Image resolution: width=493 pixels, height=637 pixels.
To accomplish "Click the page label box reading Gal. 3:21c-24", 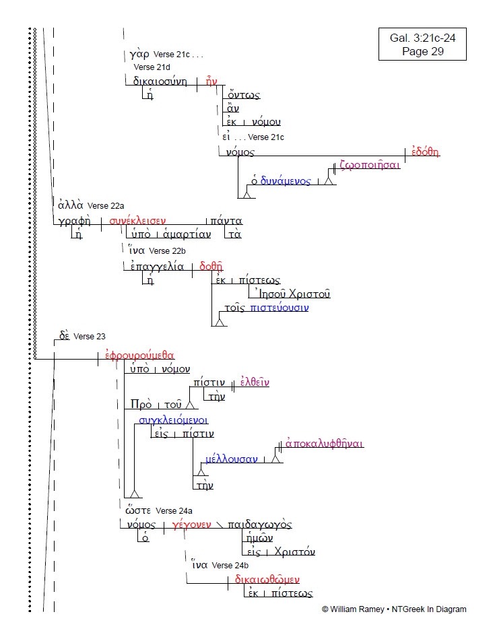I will (422, 44).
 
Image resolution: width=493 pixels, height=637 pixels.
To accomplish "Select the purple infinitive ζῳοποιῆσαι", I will (370, 164).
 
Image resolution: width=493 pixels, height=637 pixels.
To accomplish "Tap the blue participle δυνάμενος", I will (286, 181).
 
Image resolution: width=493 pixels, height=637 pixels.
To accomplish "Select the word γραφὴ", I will (75, 220).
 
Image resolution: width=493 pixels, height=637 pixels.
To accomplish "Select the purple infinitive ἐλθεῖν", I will (255, 382).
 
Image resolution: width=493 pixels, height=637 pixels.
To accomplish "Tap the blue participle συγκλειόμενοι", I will (168, 420).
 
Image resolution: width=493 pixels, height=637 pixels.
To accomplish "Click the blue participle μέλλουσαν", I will (231, 459).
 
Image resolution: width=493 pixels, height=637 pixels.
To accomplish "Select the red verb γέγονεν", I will (192, 525).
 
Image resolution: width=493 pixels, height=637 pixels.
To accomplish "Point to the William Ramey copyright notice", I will (393, 609).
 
